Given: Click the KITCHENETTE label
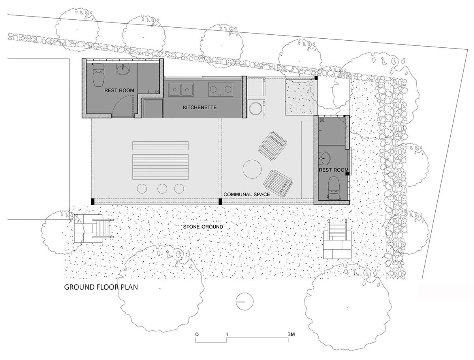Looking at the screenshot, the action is (199, 107).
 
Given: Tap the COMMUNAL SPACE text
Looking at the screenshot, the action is (246, 194).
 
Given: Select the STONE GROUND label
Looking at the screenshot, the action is (203, 227).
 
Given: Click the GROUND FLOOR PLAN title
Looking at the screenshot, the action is (101, 287).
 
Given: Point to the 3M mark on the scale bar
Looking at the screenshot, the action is (291, 335).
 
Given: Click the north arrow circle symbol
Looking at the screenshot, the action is (245, 302).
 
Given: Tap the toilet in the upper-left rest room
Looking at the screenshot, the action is (98, 75).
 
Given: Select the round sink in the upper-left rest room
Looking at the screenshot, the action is (123, 69).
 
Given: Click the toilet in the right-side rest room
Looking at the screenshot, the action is (334, 187).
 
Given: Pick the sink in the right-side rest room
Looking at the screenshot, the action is (324, 158).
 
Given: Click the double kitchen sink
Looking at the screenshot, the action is (181, 89).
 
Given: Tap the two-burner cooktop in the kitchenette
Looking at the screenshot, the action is (221, 89).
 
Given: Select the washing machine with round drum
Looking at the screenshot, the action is (256, 109).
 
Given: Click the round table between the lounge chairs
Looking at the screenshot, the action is (252, 169).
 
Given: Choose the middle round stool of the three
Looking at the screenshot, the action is (162, 189).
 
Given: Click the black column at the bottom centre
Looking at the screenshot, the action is (220, 201).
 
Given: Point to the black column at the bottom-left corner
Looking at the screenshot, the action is (92, 201).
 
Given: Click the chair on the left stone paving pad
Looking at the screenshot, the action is (103, 228).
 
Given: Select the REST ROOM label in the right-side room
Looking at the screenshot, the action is (333, 170).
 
